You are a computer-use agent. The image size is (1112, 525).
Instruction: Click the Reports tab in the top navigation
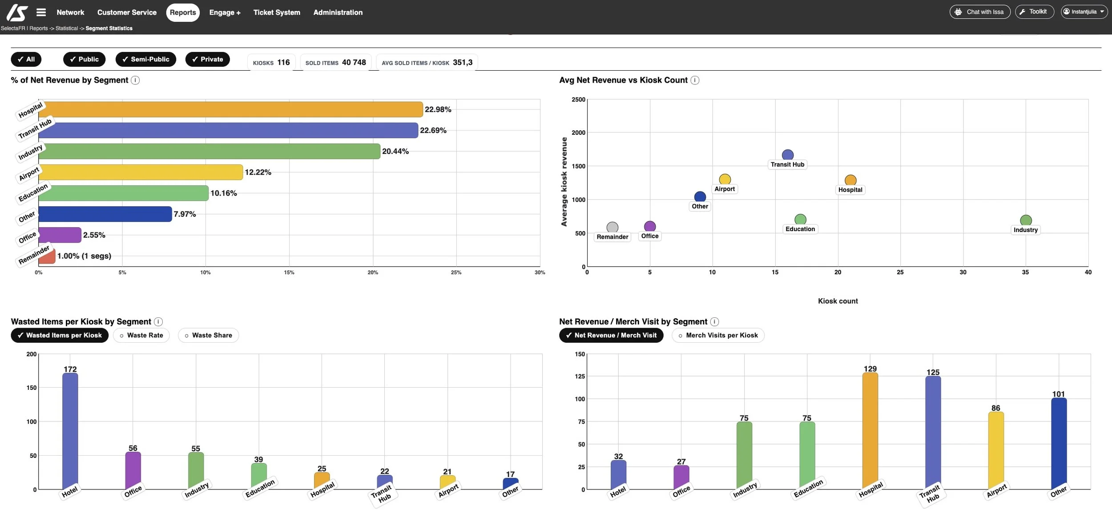[183, 12]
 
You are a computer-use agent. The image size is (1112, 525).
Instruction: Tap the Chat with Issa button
[979, 12]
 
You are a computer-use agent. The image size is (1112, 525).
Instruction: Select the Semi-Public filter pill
[145, 59]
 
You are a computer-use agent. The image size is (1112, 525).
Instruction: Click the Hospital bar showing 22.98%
[230, 109]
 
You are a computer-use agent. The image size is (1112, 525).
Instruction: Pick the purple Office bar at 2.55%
[60, 235]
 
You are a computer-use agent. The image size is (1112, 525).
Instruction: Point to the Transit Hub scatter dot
[787, 155]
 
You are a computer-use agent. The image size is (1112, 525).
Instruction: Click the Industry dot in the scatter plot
[1025, 220]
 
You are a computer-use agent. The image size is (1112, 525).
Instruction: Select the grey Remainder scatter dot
[612, 227]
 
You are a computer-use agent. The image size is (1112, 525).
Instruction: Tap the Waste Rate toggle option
[141, 335]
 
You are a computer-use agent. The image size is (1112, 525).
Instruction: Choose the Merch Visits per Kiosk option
[717, 335]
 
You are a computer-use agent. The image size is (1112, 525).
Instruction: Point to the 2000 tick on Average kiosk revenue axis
[578, 132]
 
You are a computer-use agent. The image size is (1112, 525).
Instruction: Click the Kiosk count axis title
[838, 301]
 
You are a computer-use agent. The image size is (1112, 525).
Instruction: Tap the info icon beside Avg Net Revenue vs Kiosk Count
[695, 80]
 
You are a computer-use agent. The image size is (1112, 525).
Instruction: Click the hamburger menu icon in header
[41, 12]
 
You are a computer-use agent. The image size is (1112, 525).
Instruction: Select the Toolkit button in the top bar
[1034, 12]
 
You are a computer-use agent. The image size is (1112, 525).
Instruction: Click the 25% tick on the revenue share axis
[456, 273]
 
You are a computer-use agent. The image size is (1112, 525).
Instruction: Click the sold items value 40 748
[354, 62]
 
